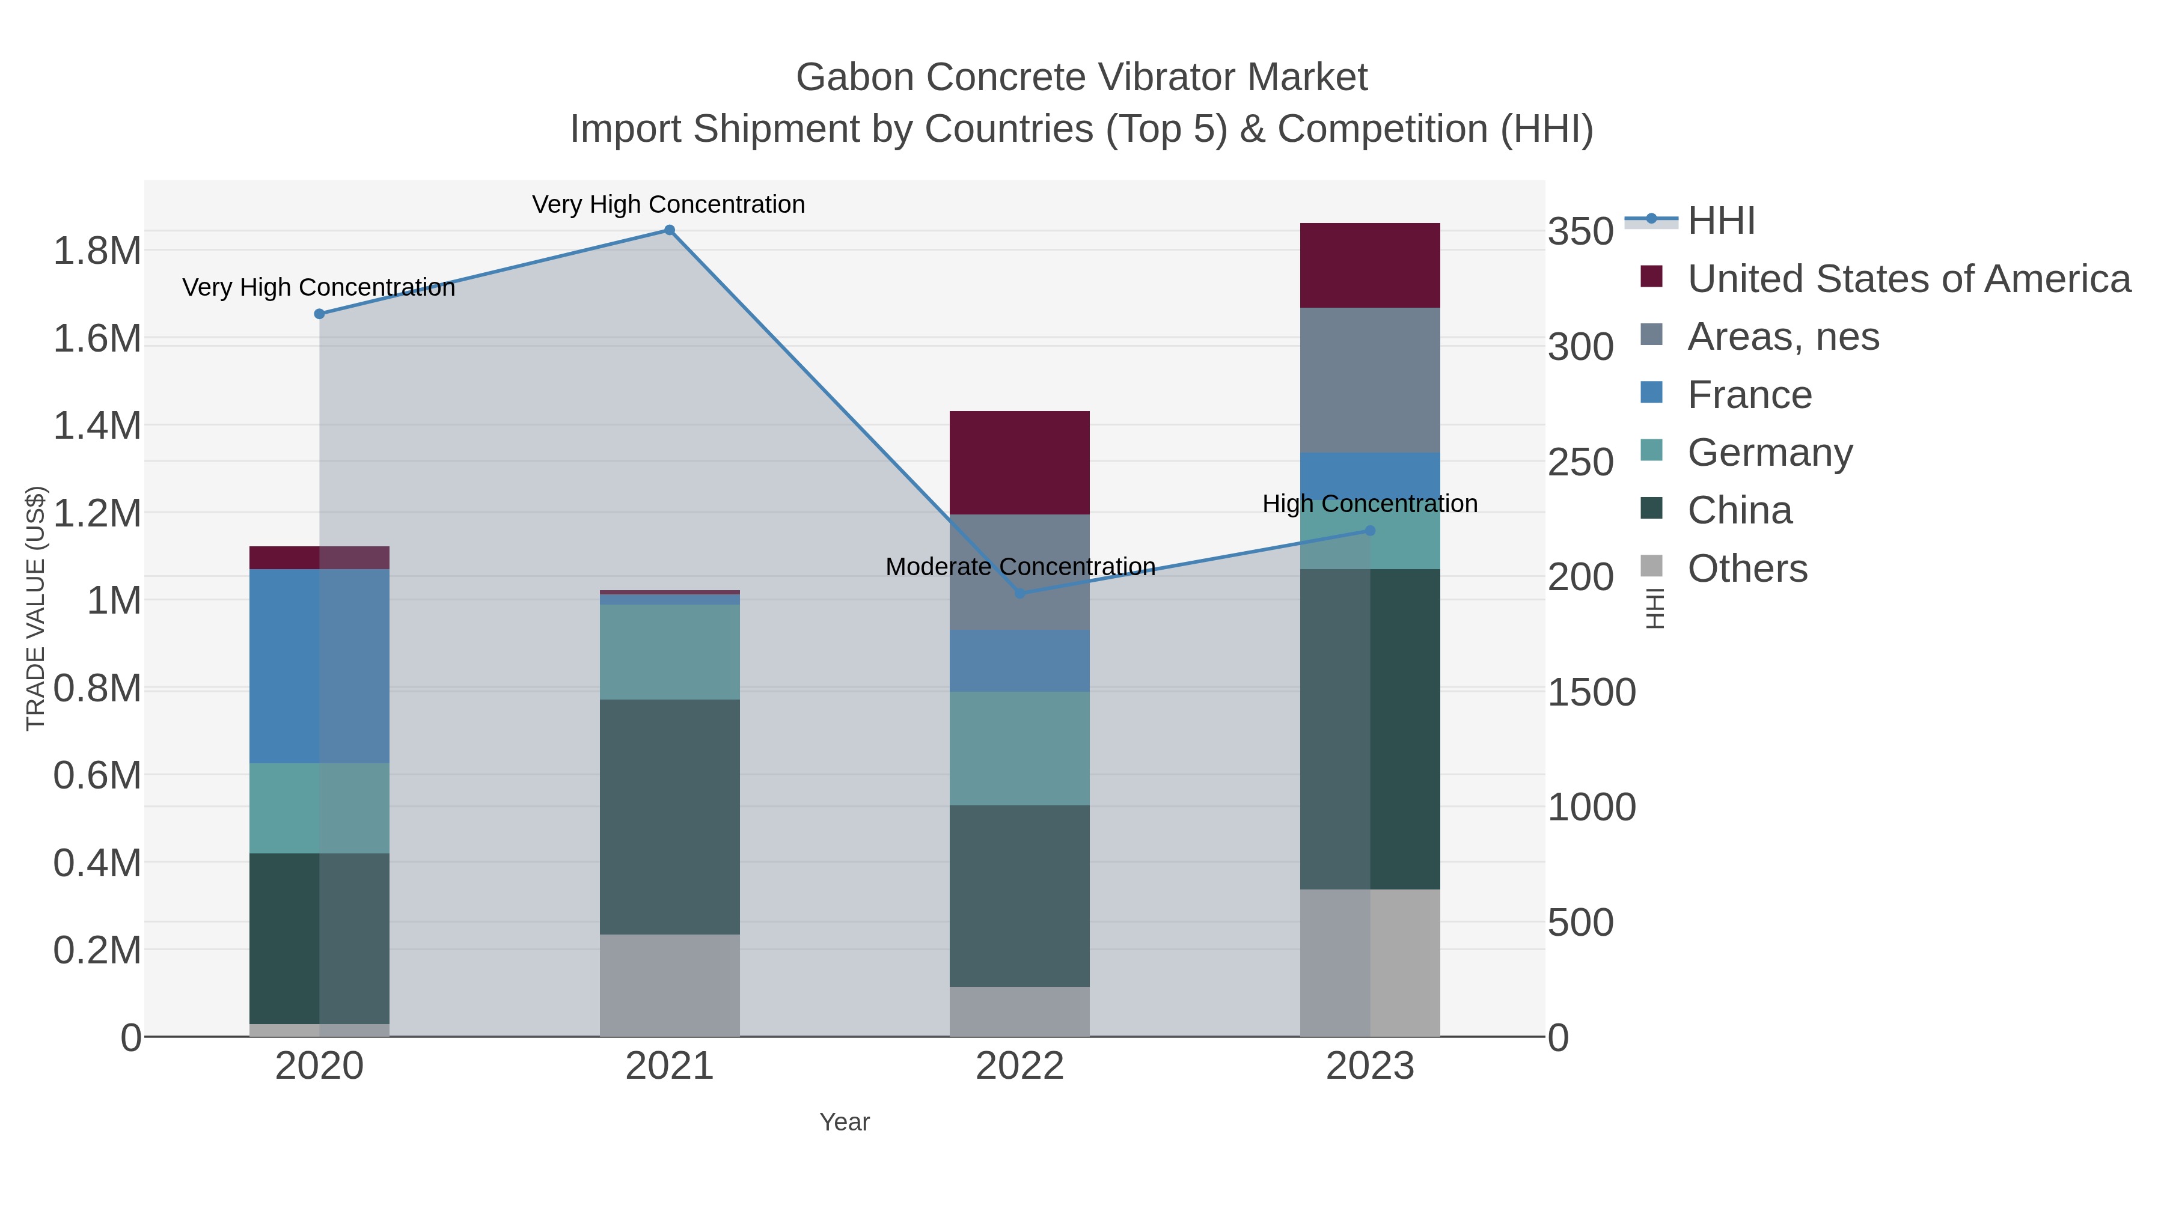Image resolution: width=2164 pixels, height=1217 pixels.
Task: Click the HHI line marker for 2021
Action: [670, 230]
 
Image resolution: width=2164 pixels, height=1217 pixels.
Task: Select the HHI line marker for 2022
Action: [1020, 594]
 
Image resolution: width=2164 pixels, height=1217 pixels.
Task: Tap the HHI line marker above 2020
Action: [319, 314]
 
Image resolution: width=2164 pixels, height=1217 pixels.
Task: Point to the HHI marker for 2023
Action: [1370, 531]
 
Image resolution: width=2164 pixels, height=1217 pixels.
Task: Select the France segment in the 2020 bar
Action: [319, 666]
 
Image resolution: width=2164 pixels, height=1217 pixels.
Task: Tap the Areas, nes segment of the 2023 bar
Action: [1369, 380]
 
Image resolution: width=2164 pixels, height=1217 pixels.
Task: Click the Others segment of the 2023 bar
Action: [1369, 963]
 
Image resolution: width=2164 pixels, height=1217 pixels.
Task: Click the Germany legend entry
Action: [1769, 453]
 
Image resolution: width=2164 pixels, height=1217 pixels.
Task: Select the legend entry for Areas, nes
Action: [1782, 337]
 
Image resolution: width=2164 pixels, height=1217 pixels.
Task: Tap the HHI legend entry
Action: [1720, 221]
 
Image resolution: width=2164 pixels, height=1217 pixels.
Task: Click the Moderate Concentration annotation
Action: [1020, 567]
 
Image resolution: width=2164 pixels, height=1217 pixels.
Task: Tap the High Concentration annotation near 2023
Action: [1369, 504]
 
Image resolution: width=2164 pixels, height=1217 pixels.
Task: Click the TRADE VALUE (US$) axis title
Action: [35, 608]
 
